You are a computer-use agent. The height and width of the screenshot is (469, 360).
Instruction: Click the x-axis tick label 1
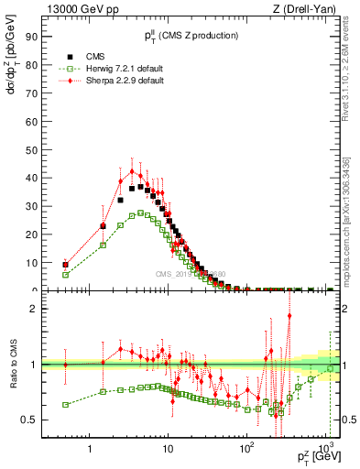(89, 450)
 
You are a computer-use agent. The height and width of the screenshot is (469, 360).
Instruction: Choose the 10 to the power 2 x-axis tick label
(246, 449)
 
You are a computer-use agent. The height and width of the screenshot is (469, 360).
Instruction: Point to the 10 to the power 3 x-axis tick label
(324, 449)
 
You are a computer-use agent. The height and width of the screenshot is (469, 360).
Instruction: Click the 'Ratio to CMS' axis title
(11, 365)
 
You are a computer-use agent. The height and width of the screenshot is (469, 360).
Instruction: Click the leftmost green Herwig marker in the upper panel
(65, 274)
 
